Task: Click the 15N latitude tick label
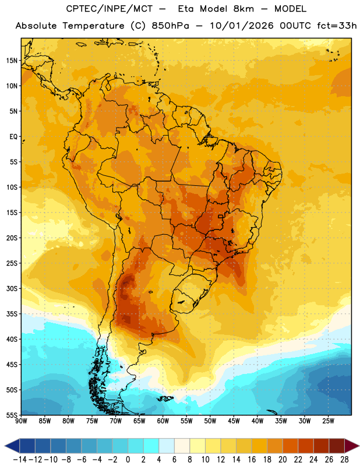click(12, 61)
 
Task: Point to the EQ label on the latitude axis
click(13, 137)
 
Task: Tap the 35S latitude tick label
click(12, 314)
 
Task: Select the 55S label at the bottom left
click(12, 415)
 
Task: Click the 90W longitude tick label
click(21, 421)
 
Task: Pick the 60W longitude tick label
click(163, 421)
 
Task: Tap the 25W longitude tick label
click(328, 421)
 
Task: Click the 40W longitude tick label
click(257, 421)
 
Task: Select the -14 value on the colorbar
click(20, 460)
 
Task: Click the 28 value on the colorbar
click(344, 460)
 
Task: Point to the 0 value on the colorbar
click(128, 460)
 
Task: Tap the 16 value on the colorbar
click(252, 460)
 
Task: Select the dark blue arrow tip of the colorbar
click(5, 446)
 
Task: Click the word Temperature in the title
click(93, 26)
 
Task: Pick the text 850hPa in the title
click(170, 26)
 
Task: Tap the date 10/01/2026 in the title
click(241, 26)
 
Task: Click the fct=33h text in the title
click(337, 26)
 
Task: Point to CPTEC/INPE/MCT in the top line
click(109, 9)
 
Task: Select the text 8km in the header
click(243, 9)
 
